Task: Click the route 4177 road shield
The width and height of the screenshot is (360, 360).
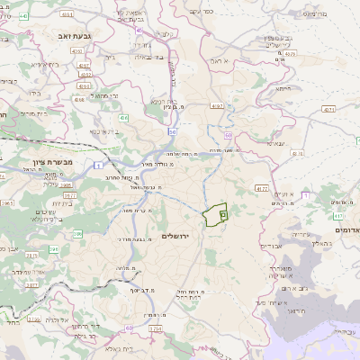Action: (x=262, y=189)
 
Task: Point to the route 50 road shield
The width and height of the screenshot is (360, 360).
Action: (x=229, y=135)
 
